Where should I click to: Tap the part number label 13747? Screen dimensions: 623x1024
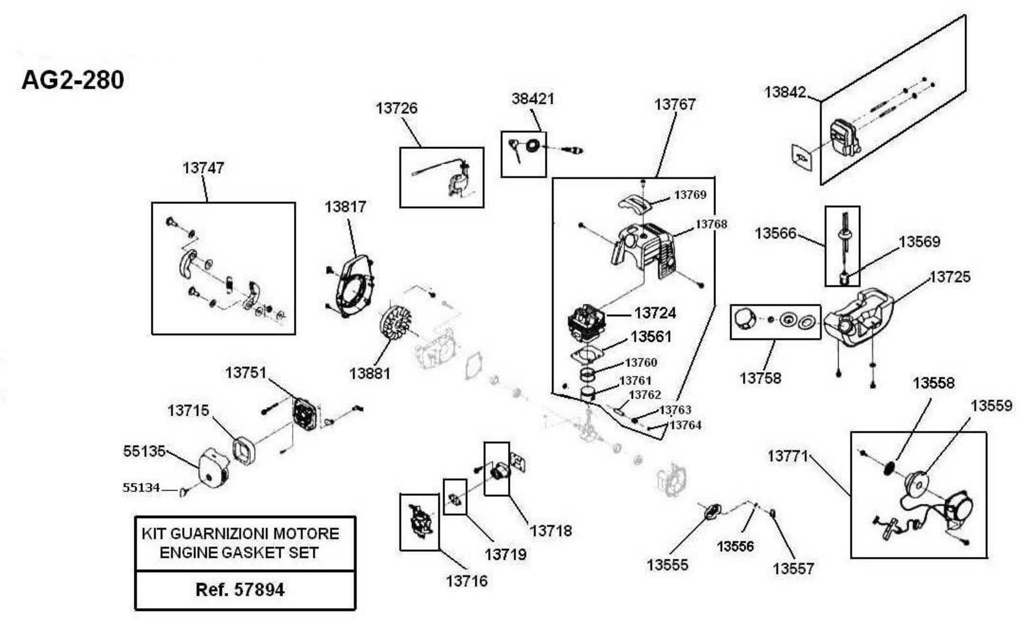pos(203,168)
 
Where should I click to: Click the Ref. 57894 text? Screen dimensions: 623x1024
pos(240,589)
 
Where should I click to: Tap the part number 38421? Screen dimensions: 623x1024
pos(533,99)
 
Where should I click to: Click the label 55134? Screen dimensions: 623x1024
pos(141,487)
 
